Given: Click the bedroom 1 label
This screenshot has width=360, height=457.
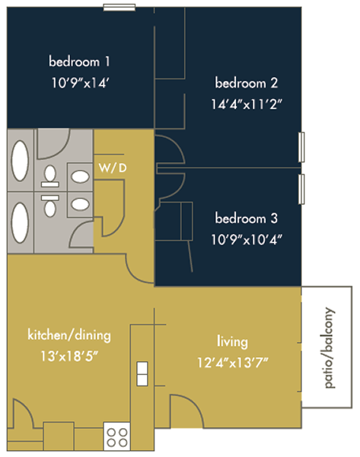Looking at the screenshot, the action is coord(79,62).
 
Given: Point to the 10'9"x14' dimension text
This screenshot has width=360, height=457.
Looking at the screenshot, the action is coord(80,83).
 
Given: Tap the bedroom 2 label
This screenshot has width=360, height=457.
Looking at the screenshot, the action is coord(246,83).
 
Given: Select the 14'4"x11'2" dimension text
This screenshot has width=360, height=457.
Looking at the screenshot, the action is coord(247,104).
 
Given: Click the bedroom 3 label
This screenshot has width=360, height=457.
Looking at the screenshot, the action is coord(246,219).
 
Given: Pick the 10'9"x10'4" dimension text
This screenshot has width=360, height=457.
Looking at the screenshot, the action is coord(247,240).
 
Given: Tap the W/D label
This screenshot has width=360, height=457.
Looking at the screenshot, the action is coord(113,168).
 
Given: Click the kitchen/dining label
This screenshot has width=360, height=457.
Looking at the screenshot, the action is coord(69,335).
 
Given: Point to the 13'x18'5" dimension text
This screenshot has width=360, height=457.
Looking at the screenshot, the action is coord(69,356).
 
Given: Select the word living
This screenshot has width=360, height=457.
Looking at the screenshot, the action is coord(232,341).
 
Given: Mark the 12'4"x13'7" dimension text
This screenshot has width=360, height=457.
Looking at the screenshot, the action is coord(232,363).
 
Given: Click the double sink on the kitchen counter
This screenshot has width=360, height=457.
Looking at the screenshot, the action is coord(142,374).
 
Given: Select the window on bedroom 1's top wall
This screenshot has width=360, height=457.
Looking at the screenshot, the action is coord(119,8).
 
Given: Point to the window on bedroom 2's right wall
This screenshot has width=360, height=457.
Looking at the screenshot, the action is coord(301,147).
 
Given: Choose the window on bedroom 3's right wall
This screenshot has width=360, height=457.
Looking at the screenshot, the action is coord(301,189).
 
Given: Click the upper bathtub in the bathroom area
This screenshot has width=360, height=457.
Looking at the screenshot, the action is coord(20,161).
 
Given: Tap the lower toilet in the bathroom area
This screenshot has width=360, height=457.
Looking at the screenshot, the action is coord(50,206).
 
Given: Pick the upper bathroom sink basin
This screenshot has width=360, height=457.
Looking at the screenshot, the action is coord(80,177).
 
